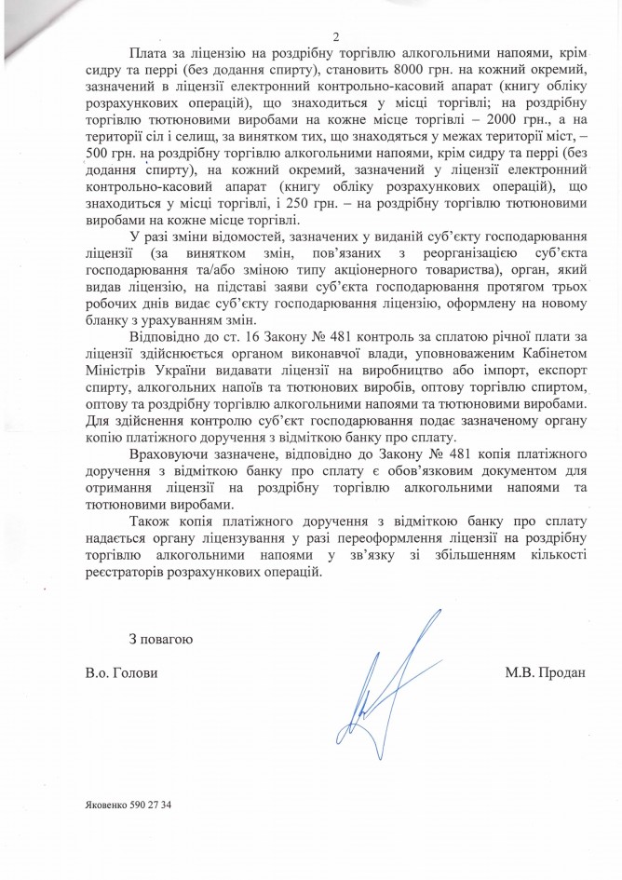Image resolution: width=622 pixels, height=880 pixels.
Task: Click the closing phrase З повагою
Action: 160,639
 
